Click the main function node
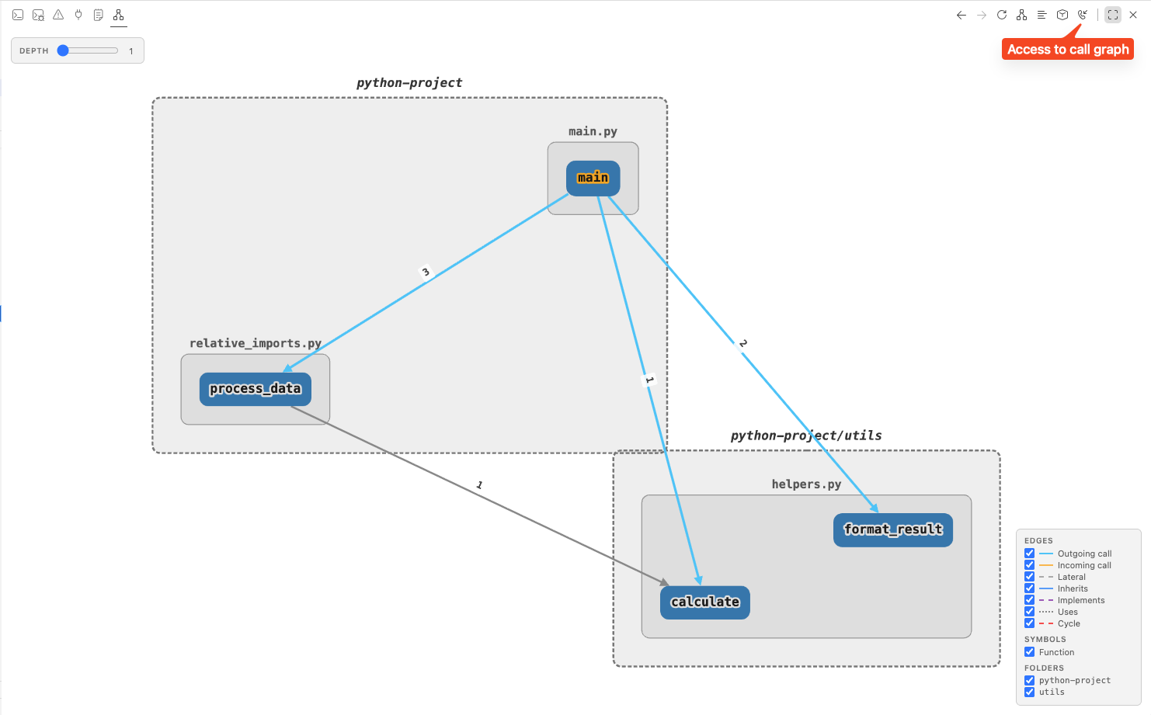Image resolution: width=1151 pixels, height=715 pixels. tap(593, 178)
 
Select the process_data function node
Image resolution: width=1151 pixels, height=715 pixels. tap(255, 389)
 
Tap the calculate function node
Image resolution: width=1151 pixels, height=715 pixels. tap(704, 602)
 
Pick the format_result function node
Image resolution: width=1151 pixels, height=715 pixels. tap(892, 530)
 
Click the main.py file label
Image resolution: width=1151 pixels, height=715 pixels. tap(593, 131)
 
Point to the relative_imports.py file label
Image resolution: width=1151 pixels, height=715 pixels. tap(255, 343)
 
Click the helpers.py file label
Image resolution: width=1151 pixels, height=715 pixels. tap(806, 484)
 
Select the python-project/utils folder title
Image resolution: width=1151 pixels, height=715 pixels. tap(805, 436)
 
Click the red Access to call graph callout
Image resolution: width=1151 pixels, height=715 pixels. tap(1067, 50)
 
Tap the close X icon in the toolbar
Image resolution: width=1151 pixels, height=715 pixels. tap(1133, 15)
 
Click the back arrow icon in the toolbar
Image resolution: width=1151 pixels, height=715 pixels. tap(961, 15)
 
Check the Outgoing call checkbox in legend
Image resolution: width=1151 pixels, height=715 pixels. tap(1029, 554)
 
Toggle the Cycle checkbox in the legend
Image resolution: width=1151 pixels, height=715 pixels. tap(1029, 623)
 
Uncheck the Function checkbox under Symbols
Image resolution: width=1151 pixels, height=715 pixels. tap(1029, 652)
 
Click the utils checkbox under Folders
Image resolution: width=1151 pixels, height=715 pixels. tap(1029, 692)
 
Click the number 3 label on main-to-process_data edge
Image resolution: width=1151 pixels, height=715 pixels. tap(425, 272)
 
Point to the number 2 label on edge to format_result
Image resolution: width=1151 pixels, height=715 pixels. tap(743, 343)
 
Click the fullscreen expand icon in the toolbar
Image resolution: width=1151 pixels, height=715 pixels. tap(1113, 15)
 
